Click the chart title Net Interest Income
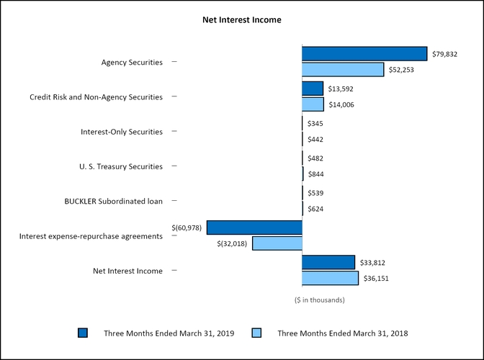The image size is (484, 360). coord(241,20)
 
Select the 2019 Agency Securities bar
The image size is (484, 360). coord(364,54)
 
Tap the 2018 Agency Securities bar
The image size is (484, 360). coord(343,70)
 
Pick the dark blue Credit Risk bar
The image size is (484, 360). coord(313,89)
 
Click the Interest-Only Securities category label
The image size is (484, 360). coord(122,132)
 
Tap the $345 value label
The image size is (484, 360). coord(315,124)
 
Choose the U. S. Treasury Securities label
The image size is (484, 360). coord(121,166)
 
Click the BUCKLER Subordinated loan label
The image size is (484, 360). coord(113,201)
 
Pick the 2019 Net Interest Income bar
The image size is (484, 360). coord(328,262)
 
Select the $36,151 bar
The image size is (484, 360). coord(330,278)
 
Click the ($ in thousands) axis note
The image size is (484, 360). coord(319,300)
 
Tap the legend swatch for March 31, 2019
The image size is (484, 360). coord(84,333)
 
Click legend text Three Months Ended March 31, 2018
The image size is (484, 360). coord(342,333)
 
